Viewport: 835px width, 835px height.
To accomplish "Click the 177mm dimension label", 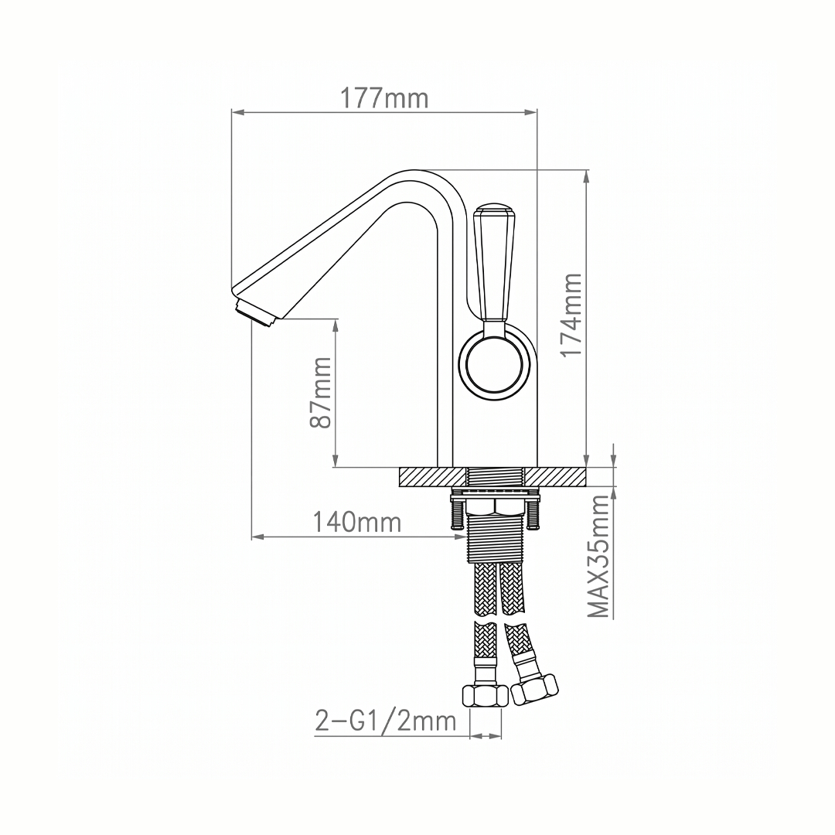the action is point(384,98).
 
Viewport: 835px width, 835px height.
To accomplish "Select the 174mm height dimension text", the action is point(573,315).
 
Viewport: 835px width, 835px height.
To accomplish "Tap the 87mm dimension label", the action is point(321,393).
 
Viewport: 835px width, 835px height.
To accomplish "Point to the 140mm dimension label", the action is point(356,522).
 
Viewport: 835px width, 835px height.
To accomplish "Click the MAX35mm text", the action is point(598,557).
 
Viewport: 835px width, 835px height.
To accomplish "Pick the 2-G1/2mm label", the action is point(386,721).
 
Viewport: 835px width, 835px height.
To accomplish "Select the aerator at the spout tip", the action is point(255,313).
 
